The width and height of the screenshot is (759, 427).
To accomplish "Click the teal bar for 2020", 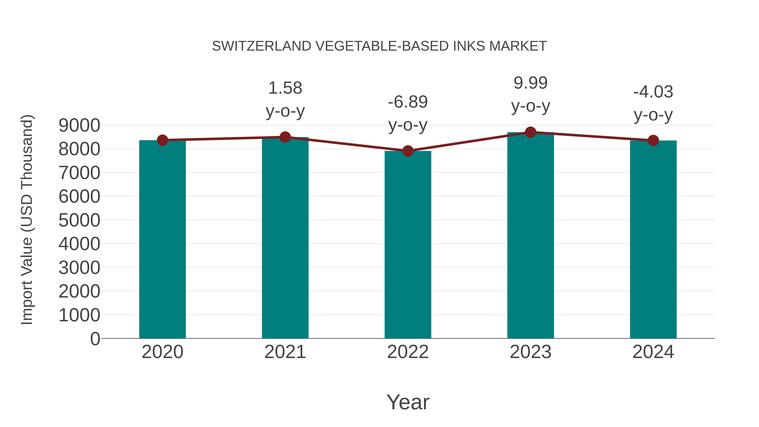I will [x=162, y=239].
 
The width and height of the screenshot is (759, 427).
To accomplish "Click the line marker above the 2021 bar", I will [x=285, y=137].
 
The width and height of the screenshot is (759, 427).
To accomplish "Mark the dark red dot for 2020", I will [x=162, y=140].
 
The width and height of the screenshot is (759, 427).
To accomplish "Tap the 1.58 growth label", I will [x=285, y=99].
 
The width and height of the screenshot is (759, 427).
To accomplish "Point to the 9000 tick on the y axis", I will [x=79, y=125].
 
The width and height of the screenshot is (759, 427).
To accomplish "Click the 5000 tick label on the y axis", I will [x=79, y=220].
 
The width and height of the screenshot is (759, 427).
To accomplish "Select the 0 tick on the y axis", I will [x=95, y=339].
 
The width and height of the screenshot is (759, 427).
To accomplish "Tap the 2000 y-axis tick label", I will [x=79, y=291].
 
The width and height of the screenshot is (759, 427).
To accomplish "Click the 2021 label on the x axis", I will [x=285, y=352].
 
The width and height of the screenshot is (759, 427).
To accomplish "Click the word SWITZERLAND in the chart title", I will [x=262, y=46].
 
